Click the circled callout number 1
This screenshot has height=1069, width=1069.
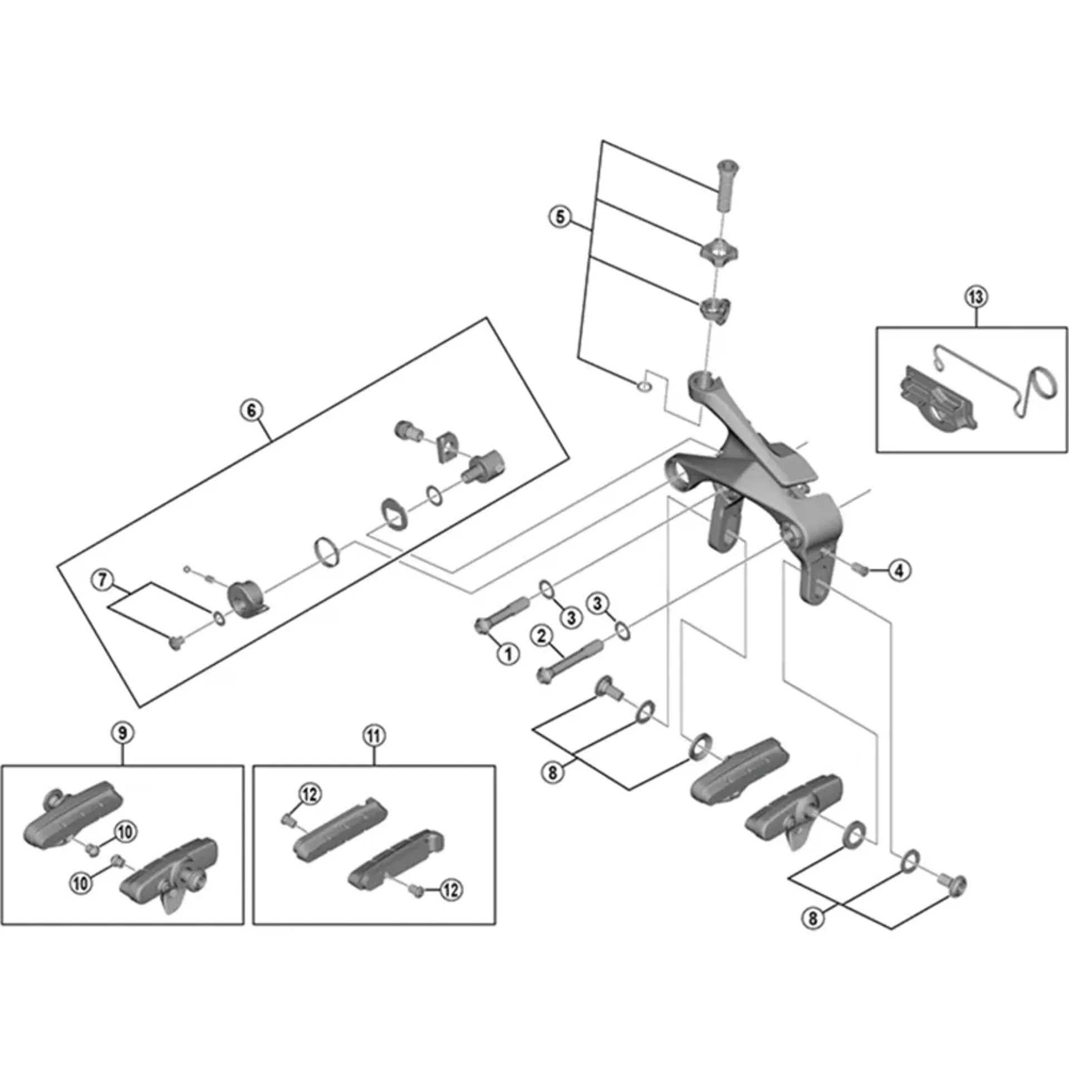(x=508, y=654)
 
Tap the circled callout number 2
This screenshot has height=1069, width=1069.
(x=542, y=636)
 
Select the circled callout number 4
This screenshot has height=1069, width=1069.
(x=900, y=570)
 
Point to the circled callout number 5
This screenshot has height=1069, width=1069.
(x=560, y=217)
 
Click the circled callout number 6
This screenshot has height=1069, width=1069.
(x=252, y=410)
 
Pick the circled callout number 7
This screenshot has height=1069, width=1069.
(x=102, y=580)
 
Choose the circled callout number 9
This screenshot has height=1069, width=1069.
(x=122, y=733)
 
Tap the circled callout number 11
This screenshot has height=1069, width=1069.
(x=374, y=736)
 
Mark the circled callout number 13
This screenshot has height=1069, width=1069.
(x=976, y=297)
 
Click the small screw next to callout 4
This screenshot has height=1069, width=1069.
(x=861, y=569)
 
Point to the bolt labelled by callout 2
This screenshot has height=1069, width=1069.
(x=568, y=663)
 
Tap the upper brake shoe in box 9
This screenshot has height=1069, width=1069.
(x=72, y=812)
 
